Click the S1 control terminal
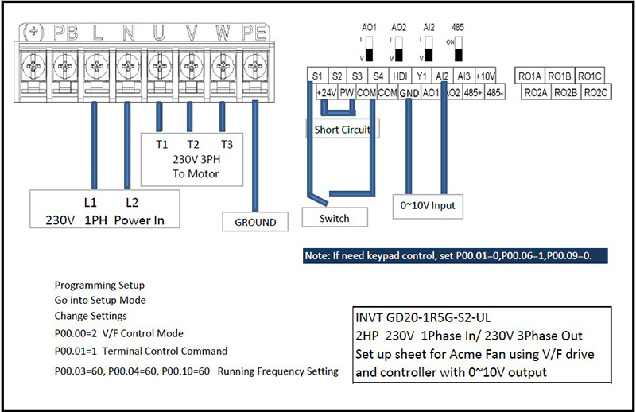pyautogui.click(x=316, y=76)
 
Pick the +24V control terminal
pyautogui.click(x=327, y=92)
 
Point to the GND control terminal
pyautogui.click(x=409, y=92)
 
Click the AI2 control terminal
pyautogui.click(x=443, y=76)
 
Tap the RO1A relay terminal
pyautogui.click(x=530, y=76)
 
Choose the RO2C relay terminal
pyautogui.click(x=595, y=92)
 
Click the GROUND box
pyautogui.click(x=255, y=222)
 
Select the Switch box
pyautogui.click(x=334, y=217)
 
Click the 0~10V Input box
pyautogui.click(x=429, y=205)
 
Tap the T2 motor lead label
pyautogui.click(x=192, y=144)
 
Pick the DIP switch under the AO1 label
pyautogui.click(x=369, y=53)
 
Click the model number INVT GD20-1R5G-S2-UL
pyautogui.click(x=429, y=316)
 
